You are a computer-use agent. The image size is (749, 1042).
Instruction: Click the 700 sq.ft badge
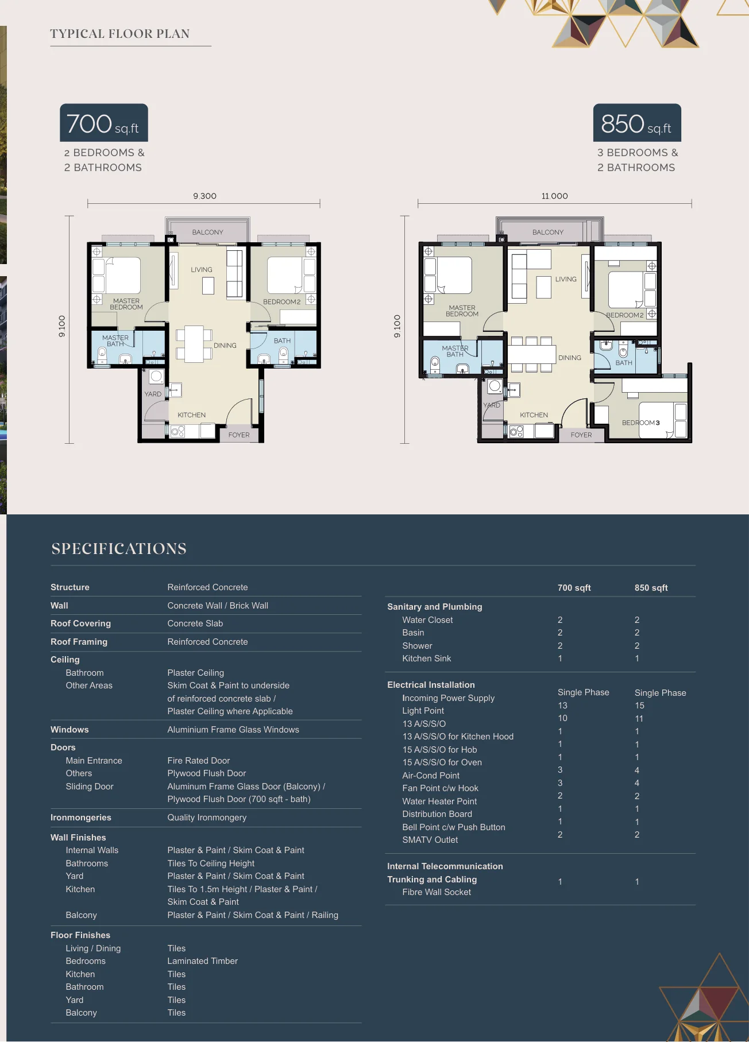pos(104,123)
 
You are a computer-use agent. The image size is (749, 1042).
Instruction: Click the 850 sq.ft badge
pos(636,123)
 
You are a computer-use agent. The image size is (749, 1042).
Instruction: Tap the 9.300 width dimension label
pos(204,196)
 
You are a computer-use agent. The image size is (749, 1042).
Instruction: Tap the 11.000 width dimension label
pos(554,196)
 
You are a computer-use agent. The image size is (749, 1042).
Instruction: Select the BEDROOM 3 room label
pos(640,423)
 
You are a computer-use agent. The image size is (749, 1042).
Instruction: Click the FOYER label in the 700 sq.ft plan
pos(239,435)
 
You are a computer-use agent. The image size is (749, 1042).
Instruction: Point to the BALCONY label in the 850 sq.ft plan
pos(547,233)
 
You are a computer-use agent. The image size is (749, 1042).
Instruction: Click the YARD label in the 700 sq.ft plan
pos(153,394)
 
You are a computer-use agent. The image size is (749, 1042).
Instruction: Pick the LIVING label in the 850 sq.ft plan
pos(566,280)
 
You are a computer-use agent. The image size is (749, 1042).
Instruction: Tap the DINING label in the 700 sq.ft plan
pos(225,346)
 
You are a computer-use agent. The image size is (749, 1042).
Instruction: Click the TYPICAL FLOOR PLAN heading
pos(120,34)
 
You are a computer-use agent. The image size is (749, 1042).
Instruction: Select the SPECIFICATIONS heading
pos(119,549)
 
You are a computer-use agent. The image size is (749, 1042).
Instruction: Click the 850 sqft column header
pos(651,588)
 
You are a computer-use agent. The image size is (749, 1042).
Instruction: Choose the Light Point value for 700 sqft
pos(562,706)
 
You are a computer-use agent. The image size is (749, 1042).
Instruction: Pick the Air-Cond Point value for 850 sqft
pos(637,770)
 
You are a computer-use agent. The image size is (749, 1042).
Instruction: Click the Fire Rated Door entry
pos(199,761)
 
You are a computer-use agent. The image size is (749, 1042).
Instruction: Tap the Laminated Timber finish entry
pos(202,961)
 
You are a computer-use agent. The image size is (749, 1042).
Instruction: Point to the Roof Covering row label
pos(80,623)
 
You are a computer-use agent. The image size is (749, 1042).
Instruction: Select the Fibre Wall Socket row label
pos(437,892)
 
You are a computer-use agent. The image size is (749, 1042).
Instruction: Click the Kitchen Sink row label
pos(427,658)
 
